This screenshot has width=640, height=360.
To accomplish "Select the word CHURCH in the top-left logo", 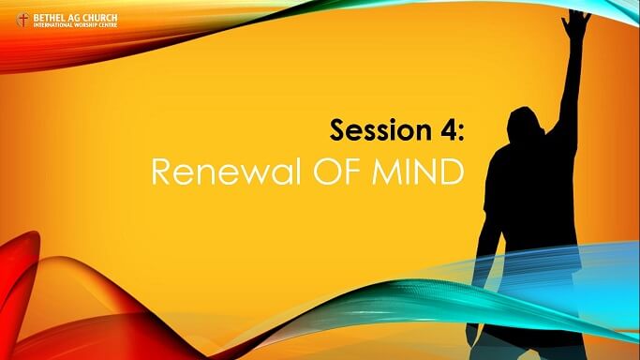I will (x=102, y=16).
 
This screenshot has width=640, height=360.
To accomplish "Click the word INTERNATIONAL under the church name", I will (x=53, y=24).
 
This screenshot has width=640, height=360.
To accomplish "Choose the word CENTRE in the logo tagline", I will (x=109, y=24).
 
